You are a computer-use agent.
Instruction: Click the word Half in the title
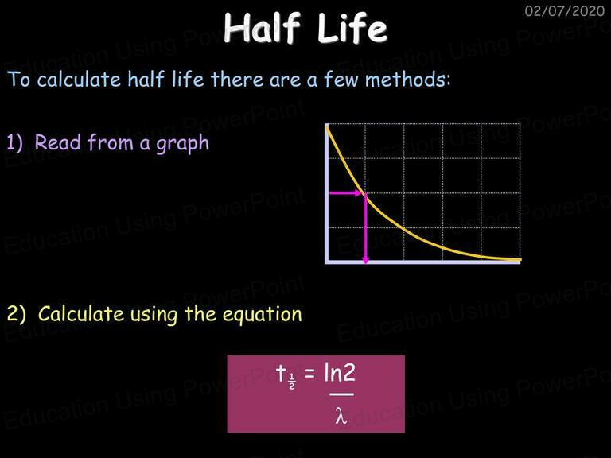pos(263,27)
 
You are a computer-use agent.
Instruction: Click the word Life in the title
pos(352,27)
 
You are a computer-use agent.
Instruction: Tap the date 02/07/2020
pos(565,11)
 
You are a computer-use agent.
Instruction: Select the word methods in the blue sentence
pos(407,80)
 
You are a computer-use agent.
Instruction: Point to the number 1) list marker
pos(15,142)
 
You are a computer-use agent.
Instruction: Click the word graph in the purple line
pos(182,144)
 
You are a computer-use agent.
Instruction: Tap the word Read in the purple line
pos(58,142)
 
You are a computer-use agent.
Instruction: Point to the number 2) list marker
pos(17,314)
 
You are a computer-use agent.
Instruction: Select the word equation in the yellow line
pos(263,315)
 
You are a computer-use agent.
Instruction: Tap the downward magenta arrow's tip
pos(365,264)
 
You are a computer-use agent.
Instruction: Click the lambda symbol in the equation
pos(341,415)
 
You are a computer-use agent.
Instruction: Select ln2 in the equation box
pos(340,373)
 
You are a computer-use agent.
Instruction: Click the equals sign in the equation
pos(309,373)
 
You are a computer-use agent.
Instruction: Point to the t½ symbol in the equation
pos(286,376)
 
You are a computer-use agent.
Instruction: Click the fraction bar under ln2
pos(342,394)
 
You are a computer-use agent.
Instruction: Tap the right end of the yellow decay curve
pos(520,259)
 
